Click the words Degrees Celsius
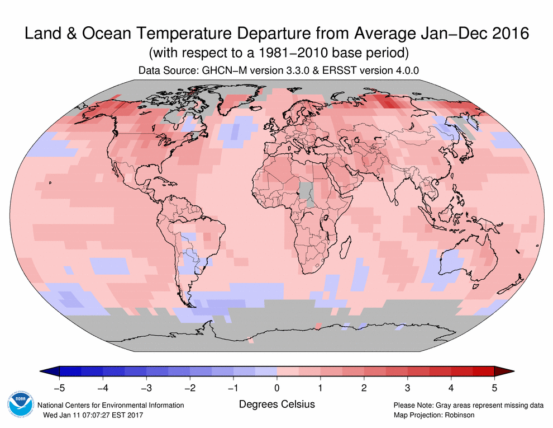[276, 404]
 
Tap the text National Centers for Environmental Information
[111, 405]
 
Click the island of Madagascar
[344, 247]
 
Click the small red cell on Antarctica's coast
[318, 326]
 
